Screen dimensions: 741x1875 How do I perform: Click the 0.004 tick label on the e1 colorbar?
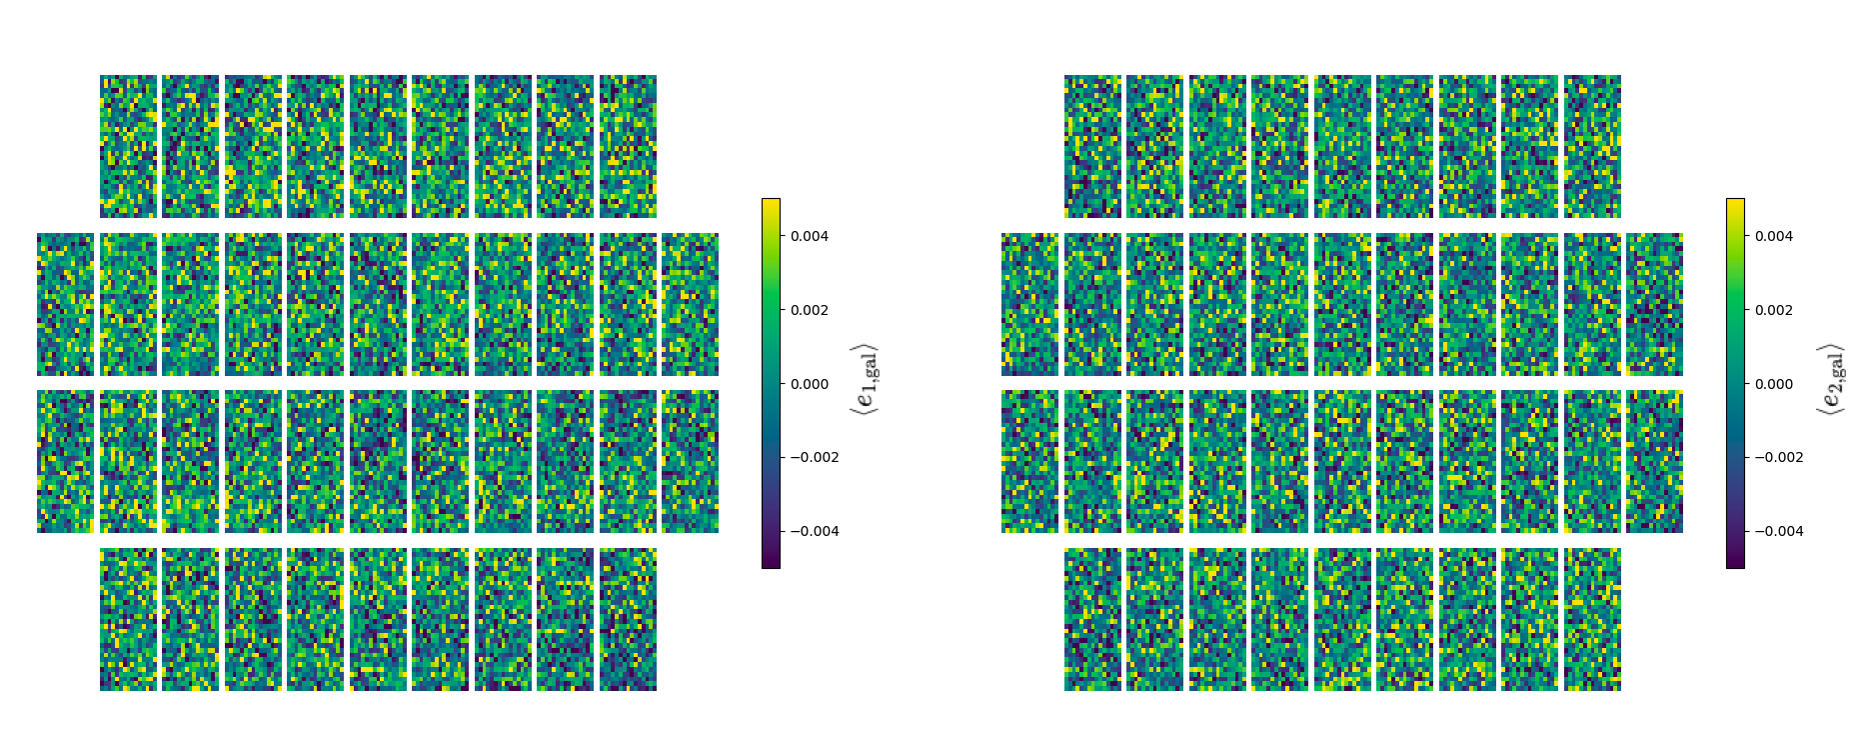coord(810,236)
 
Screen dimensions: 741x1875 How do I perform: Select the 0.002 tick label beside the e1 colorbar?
coord(810,310)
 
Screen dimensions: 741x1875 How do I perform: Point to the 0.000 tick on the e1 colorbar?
coord(810,384)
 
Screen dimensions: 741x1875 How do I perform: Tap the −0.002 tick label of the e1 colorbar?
coord(814,457)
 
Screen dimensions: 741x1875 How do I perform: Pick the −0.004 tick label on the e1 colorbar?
coord(814,531)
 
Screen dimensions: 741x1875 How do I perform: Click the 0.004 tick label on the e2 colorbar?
coord(1774,236)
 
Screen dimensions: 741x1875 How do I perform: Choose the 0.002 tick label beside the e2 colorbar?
coord(1774,310)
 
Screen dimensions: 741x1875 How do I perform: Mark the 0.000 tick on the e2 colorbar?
coord(1774,384)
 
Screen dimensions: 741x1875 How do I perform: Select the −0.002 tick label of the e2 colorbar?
coord(1778,457)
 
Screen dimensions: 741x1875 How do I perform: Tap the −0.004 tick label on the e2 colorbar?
coord(1778,531)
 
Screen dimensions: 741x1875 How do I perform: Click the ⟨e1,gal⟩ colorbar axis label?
coord(865,379)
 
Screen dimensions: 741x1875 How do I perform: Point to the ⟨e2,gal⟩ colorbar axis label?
coord(1830,379)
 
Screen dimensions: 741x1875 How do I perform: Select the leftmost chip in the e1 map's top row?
coord(128,146)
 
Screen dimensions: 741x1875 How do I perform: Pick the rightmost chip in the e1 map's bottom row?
coord(628,619)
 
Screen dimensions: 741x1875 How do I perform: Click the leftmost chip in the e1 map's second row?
coord(65,304)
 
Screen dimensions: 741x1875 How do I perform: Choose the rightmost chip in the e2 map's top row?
coord(1592,146)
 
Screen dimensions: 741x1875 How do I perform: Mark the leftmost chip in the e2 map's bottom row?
coord(1092,619)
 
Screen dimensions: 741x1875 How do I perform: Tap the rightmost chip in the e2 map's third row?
coord(1654,461)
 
